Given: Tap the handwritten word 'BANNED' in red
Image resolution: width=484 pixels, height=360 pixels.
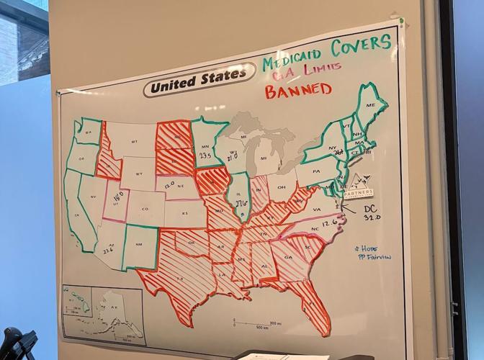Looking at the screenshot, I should pos(297,91).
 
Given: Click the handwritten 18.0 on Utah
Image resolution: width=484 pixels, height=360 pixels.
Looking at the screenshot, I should pos(120,195).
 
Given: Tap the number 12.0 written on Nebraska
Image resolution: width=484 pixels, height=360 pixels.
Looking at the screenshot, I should pos(170,186).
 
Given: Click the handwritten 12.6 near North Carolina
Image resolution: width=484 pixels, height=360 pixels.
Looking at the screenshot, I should pos(331,223).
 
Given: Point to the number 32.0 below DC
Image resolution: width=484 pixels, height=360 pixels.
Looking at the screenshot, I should pos(372,216).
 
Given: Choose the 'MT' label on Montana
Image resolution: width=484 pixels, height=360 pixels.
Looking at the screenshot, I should pos(135,142).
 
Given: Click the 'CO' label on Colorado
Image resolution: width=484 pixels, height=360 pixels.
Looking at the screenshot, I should pos(144,210).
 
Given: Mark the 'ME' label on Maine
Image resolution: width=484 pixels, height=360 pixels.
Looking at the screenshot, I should pos(371,105).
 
